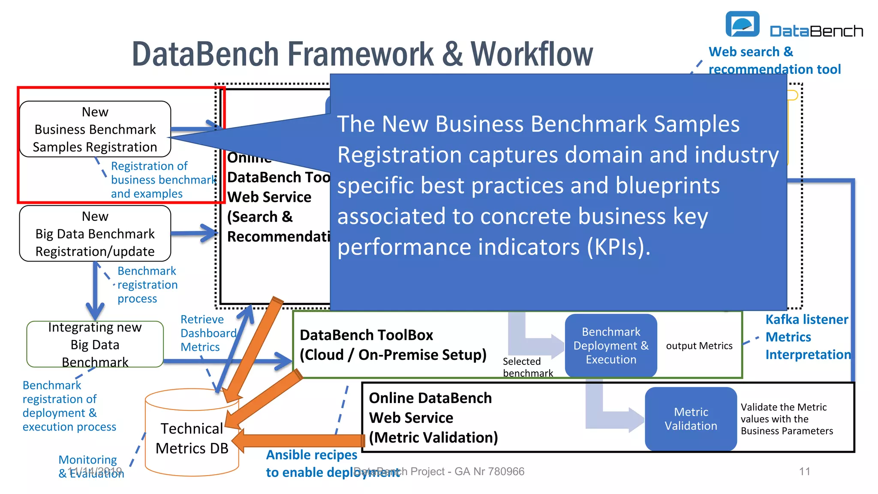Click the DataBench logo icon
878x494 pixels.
(x=742, y=24)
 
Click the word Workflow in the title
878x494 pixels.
(x=532, y=54)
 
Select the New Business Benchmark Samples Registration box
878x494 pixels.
(x=95, y=129)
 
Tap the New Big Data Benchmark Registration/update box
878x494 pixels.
(x=95, y=234)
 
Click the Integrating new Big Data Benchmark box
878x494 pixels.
(x=95, y=344)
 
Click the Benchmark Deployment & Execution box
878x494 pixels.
(x=611, y=346)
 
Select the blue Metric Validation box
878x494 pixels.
(x=691, y=419)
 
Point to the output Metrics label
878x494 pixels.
(x=699, y=346)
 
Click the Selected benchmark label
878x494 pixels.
(x=527, y=367)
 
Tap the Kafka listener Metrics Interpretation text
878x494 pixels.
(x=808, y=337)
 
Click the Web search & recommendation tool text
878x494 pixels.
(x=774, y=60)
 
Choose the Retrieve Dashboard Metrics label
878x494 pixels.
(x=208, y=333)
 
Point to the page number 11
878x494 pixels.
(x=805, y=472)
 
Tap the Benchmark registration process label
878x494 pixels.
(x=147, y=285)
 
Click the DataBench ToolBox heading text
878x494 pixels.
(x=367, y=335)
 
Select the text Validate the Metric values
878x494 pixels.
(x=783, y=413)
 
